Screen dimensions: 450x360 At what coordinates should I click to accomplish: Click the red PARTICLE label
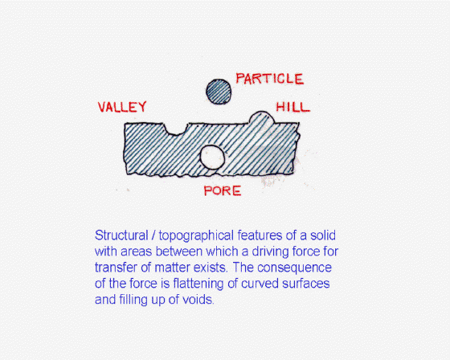point(269,79)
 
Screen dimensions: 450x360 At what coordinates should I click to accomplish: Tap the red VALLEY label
point(122,107)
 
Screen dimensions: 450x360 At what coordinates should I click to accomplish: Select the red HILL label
point(293,107)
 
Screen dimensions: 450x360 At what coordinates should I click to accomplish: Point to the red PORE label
point(223,191)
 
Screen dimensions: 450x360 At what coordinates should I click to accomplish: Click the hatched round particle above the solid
point(219,92)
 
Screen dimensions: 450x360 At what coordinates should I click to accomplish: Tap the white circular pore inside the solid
point(212,157)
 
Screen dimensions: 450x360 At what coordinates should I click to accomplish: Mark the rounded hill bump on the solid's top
point(261,117)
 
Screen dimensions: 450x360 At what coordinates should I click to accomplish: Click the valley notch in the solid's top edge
point(175,129)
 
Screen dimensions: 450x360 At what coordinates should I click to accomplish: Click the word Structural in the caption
point(121,235)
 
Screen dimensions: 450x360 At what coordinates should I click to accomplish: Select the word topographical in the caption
point(197,236)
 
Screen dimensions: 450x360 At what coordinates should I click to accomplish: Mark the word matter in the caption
point(173,268)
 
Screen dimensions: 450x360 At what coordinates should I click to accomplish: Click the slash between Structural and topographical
point(153,235)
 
